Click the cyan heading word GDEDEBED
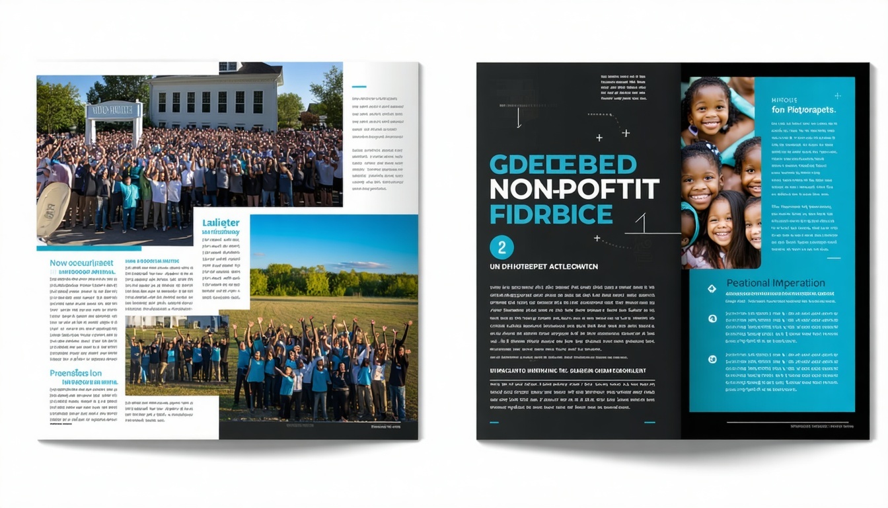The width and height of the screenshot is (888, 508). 562,165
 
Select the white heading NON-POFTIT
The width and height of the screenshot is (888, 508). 573,190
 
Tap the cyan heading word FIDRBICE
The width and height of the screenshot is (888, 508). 551,214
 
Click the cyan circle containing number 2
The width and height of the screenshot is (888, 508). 501,247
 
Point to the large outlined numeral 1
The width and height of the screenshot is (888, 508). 640,224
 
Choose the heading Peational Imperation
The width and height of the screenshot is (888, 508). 775,283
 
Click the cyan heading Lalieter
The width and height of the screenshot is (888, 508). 221,223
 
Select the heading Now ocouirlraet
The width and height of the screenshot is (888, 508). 83,263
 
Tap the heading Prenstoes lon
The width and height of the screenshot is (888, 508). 76,373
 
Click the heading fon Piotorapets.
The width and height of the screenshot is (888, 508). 803,110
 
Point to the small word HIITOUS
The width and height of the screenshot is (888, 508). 784,100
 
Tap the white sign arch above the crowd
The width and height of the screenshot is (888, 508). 114,110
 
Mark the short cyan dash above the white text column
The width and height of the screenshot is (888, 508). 359,87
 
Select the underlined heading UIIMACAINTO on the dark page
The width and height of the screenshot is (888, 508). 568,371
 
